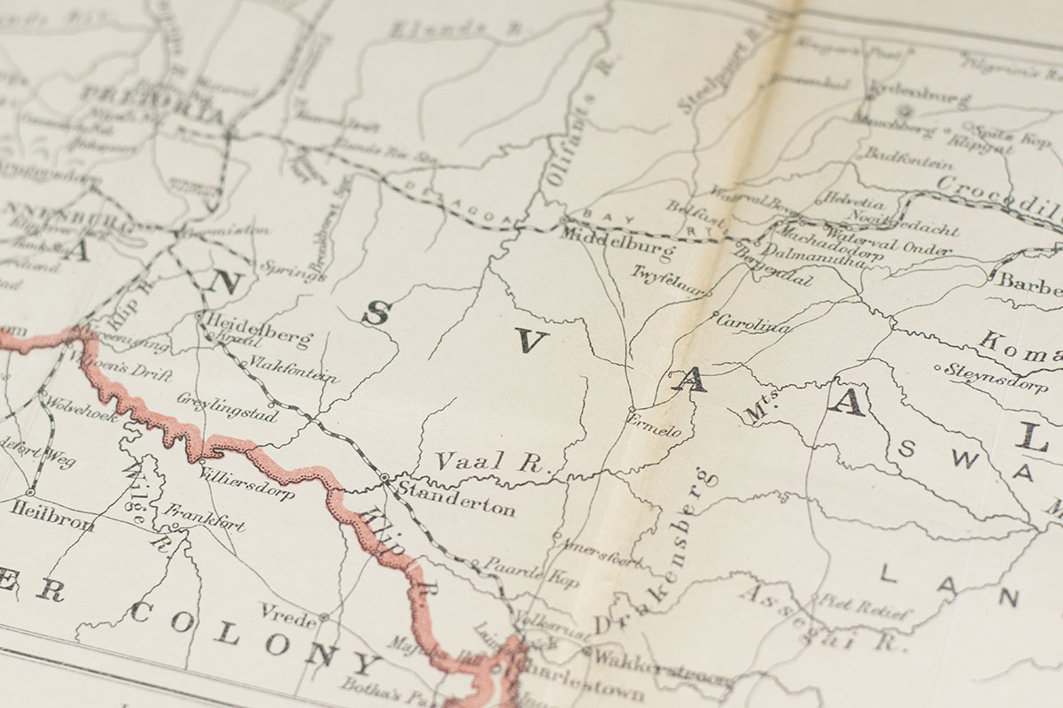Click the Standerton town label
point(456,507)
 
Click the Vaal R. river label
point(493,461)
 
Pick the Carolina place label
point(752,325)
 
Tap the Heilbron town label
point(53,516)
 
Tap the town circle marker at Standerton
point(384,478)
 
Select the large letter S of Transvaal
point(376,312)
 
